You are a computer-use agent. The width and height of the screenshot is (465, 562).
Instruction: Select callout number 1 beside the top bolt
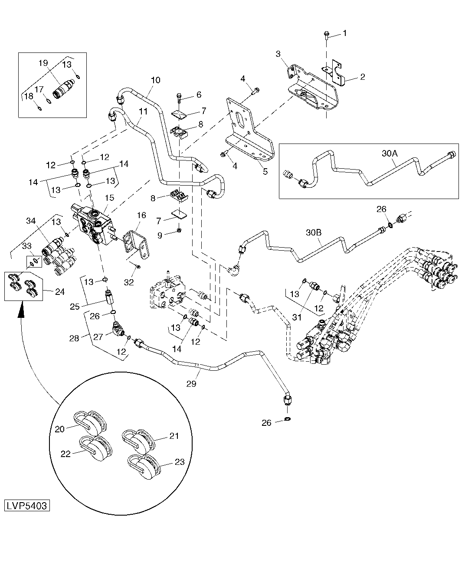click(345, 33)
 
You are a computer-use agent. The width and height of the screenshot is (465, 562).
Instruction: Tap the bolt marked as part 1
click(327, 36)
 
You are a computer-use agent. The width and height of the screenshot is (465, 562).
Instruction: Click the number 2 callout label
click(363, 77)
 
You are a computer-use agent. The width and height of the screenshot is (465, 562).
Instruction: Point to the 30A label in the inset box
click(390, 154)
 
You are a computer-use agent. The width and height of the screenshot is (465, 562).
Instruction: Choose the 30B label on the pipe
click(314, 232)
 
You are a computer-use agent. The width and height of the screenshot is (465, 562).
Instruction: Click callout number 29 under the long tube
click(191, 384)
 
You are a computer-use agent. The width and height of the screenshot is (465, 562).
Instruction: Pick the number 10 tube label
click(156, 80)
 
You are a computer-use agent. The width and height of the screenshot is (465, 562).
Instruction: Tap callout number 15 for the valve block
click(109, 198)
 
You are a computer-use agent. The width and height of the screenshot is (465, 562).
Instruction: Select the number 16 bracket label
click(141, 216)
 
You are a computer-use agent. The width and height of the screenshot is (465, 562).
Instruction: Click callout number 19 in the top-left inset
click(43, 63)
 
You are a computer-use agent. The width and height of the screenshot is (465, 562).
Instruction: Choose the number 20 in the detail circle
click(59, 429)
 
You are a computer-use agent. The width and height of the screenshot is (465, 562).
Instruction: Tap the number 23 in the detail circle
click(180, 462)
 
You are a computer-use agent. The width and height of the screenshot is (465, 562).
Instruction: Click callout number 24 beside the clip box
click(60, 292)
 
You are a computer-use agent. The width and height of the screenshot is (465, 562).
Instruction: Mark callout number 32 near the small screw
click(129, 282)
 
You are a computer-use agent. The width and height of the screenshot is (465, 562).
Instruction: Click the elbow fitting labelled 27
click(118, 329)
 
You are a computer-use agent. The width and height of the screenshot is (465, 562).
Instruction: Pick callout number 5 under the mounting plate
click(265, 171)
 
